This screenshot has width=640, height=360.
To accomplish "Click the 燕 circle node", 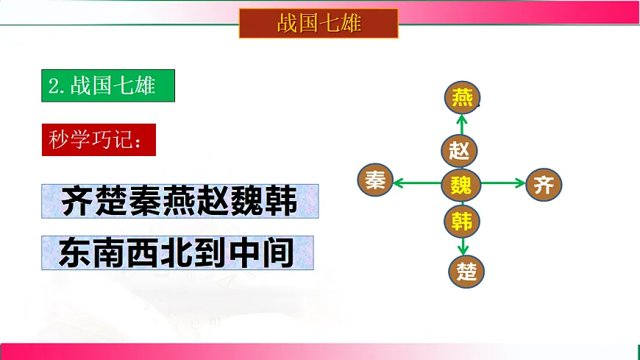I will (x=463, y=96).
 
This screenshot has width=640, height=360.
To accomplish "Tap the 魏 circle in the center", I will (x=461, y=183).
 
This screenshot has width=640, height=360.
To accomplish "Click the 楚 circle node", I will (x=467, y=271).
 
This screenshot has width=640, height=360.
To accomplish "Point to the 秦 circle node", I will (x=375, y=182).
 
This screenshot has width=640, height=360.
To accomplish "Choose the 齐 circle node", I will (x=544, y=184).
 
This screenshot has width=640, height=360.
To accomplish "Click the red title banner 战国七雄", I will (x=319, y=23).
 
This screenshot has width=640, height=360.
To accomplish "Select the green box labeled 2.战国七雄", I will (x=108, y=85).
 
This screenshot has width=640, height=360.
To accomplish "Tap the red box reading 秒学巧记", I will (x=99, y=139).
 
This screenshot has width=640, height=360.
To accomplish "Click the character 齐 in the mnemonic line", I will (x=77, y=201).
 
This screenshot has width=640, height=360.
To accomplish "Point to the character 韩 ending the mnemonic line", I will (x=282, y=201).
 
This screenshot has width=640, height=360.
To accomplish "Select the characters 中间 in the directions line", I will (x=262, y=253).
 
